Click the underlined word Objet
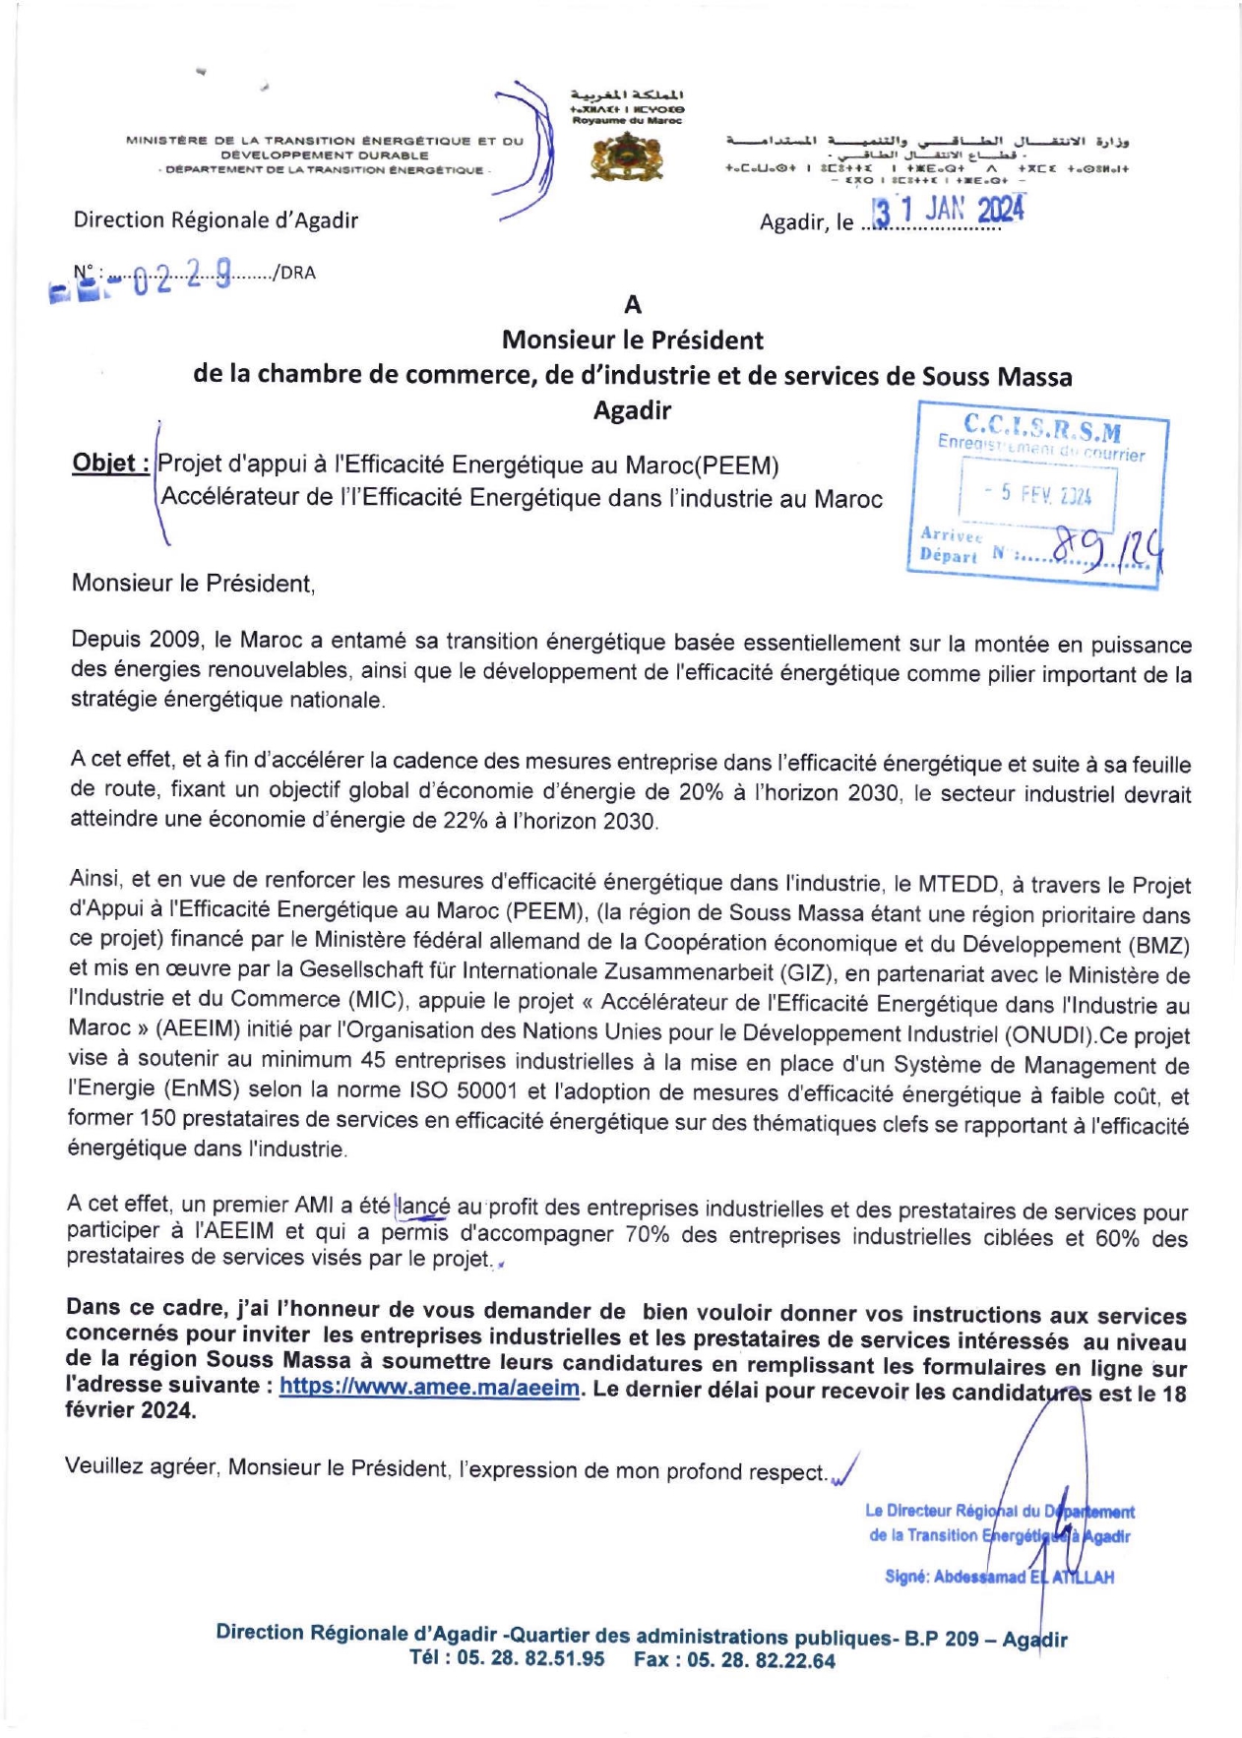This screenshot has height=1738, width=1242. [x=110, y=463]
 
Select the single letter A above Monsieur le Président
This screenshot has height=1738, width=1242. [x=633, y=305]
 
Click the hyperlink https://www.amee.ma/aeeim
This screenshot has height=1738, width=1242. [x=429, y=1388]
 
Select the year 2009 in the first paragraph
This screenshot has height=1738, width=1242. [x=175, y=641]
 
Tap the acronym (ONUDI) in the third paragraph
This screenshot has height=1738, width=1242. [x=1048, y=1035]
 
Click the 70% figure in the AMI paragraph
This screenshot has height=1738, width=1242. [x=646, y=1236]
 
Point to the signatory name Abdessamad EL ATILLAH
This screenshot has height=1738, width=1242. [x=1024, y=1578]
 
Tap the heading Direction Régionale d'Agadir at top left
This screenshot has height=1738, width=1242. [x=216, y=219]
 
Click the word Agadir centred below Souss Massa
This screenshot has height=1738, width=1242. [x=632, y=410]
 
